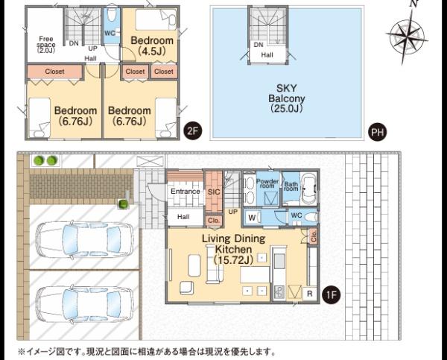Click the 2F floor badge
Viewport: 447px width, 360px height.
[192, 131]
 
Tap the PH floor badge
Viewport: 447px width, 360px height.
[377, 132]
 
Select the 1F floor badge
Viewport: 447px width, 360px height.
[331, 294]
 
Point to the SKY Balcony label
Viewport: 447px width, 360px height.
[287, 98]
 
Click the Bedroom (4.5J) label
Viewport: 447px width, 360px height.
[152, 45]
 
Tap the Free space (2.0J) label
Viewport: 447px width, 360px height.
[46, 45]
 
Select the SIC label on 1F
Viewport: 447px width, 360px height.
[214, 192]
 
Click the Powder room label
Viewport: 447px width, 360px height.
[267, 183]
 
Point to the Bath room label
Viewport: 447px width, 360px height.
[291, 186]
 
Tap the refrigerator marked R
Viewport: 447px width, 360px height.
[310, 294]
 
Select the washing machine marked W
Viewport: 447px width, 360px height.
[253, 218]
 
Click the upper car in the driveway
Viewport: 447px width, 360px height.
[84, 240]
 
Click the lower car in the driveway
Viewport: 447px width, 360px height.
[84, 306]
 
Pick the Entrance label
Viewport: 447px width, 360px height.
[186, 192]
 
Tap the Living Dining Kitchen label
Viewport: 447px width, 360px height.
[234, 249]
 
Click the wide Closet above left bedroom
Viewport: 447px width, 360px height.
[54, 72]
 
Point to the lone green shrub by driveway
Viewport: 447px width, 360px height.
[123, 204]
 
